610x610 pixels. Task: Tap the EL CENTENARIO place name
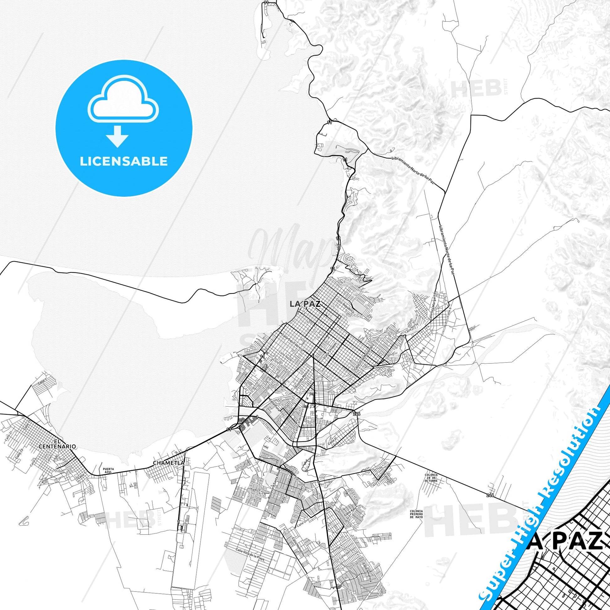[x=57, y=444]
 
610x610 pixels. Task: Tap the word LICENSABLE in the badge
[x=124, y=161]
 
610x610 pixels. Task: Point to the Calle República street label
[x=345, y=306]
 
